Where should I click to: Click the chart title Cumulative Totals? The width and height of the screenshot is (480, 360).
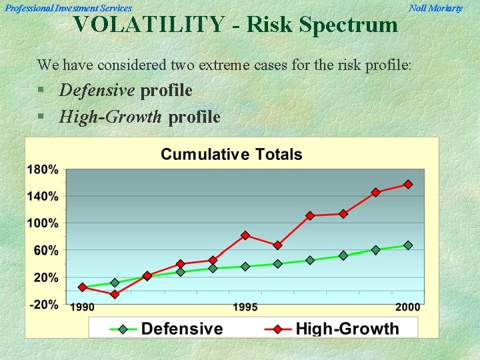[231, 155]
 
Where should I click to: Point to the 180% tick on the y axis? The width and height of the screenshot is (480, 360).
[43, 170]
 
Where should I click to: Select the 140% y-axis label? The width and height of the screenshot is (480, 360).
[43, 197]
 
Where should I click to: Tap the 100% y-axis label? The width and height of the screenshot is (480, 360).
[43, 223]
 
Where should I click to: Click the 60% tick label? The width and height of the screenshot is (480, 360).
[45, 250]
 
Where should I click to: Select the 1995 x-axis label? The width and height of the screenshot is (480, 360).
[245, 307]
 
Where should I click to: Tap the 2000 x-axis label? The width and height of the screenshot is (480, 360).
[407, 307]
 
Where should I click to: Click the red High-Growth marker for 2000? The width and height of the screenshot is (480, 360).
[408, 184]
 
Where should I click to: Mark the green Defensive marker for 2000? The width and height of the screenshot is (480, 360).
[408, 245]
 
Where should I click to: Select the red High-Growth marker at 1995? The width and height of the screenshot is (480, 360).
[245, 235]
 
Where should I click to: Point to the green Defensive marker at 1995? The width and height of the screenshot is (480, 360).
[245, 267]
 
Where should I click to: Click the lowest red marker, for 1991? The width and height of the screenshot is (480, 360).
[115, 294]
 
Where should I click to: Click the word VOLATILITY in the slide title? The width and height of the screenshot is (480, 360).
[149, 25]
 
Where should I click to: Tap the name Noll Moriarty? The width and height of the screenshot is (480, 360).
[435, 8]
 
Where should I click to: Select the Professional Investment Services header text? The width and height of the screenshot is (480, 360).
[69, 8]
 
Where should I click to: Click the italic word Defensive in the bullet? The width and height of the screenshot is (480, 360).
[97, 90]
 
